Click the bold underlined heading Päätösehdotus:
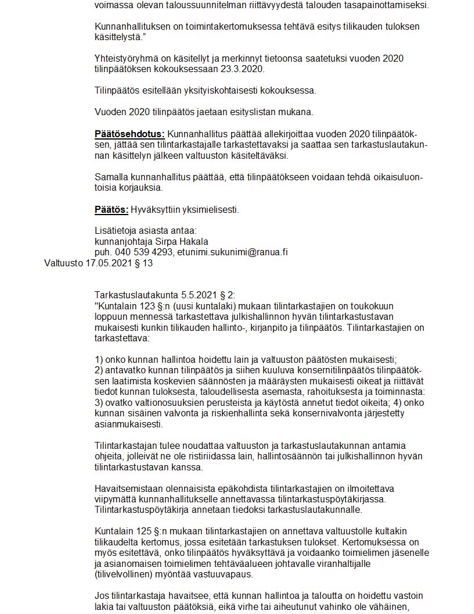point(130,134)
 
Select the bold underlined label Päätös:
point(111,210)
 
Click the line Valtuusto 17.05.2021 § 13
point(98,263)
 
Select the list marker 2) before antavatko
point(99,370)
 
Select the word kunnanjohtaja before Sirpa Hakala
point(123,241)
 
